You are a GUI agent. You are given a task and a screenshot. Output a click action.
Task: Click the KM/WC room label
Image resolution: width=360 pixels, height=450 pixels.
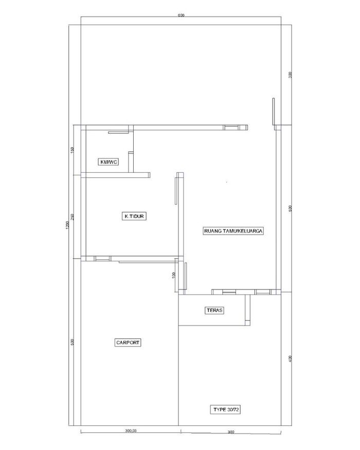[x=109, y=162]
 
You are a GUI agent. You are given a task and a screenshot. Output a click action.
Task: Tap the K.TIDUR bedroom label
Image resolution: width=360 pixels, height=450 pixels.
[x=134, y=216]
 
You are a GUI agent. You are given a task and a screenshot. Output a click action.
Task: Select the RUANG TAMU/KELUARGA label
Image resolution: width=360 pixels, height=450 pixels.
[x=233, y=231]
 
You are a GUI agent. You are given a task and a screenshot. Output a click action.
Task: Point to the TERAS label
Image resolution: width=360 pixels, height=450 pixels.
[x=215, y=310]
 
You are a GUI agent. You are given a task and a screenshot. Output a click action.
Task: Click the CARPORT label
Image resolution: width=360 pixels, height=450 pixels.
[x=128, y=343]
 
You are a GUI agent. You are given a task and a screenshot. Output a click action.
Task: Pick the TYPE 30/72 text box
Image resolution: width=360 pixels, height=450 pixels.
[x=226, y=409]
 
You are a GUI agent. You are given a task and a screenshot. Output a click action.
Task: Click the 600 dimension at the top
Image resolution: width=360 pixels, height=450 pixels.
[x=181, y=15]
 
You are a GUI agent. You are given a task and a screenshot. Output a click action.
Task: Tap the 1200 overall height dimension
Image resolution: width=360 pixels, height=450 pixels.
[x=67, y=225]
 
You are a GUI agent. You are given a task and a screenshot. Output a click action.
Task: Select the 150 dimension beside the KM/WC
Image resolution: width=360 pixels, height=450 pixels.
[x=73, y=150]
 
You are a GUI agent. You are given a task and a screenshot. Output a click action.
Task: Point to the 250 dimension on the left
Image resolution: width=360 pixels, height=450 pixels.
[x=73, y=217]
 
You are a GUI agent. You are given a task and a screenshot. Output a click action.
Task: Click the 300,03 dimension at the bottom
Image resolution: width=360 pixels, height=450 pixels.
[x=131, y=430]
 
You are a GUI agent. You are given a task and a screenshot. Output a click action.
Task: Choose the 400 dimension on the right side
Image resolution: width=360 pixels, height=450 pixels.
[x=290, y=358]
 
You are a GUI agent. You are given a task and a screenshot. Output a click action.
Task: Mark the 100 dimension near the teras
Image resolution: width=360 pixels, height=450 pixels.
[x=173, y=275]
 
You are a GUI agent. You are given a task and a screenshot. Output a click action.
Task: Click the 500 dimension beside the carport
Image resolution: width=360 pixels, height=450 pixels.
[x=73, y=342]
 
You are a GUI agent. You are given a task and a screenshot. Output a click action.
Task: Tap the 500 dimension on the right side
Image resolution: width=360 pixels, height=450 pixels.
[x=290, y=209]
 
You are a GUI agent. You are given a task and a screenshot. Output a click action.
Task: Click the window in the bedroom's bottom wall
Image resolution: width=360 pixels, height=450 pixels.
[x=102, y=259]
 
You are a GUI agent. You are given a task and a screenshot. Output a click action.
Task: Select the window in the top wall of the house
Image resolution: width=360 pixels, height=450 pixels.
[x=231, y=128]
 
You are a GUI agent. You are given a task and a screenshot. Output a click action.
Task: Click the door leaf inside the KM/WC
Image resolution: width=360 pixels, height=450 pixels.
[x=119, y=133]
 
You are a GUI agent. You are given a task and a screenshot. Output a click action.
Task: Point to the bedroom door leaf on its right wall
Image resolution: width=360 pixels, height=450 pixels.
[x=176, y=191]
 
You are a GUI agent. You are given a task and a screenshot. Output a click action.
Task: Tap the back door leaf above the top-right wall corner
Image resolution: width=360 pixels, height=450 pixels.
[x=273, y=112]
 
